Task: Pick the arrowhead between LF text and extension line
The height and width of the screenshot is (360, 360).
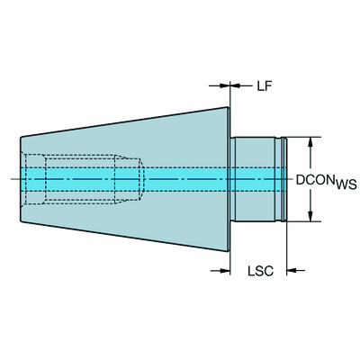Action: coord(236,87)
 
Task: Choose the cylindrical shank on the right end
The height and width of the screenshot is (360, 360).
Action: coord(256,179)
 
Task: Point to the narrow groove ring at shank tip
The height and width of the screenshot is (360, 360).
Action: coord(283,179)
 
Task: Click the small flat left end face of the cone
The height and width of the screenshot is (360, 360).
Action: coord(21,179)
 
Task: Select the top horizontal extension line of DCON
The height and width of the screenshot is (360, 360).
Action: coord(301,137)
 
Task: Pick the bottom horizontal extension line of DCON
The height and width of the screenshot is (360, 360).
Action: coord(301,221)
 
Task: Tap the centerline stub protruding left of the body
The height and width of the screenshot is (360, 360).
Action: coord(12,179)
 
